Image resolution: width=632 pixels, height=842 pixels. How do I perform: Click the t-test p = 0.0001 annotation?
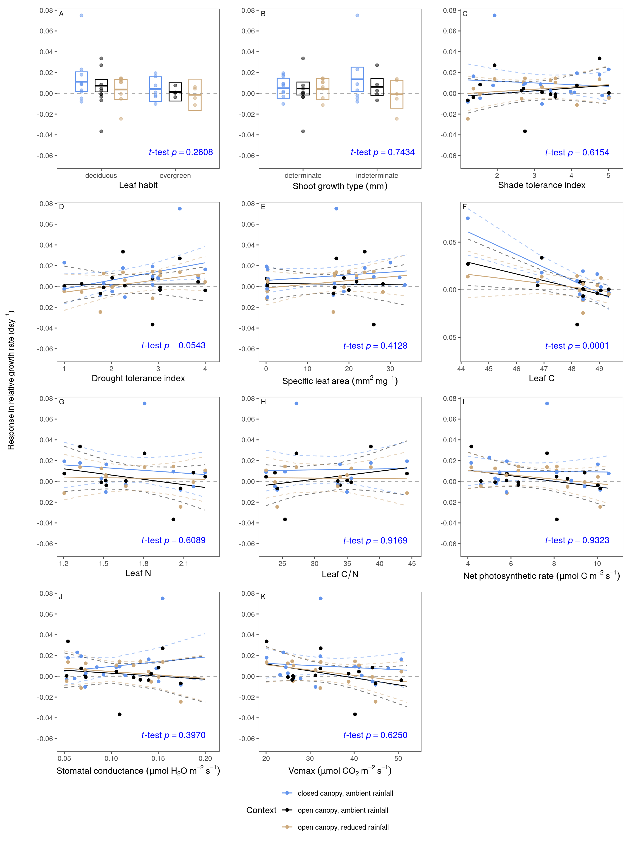click(577, 346)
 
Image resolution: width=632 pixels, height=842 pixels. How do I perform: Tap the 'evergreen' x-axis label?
click(175, 175)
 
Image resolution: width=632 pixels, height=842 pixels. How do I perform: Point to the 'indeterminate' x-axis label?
click(377, 175)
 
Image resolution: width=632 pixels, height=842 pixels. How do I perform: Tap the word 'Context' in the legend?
click(261, 810)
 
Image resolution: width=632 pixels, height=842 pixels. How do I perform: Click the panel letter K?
click(263, 597)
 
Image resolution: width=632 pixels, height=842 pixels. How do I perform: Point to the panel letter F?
click(464, 207)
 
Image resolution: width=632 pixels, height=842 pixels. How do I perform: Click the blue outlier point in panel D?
click(180, 209)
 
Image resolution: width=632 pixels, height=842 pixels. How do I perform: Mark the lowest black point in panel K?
click(355, 715)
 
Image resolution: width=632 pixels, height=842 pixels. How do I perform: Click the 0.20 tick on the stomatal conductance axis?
click(205, 758)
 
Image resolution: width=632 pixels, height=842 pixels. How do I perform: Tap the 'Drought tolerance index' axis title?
click(138, 378)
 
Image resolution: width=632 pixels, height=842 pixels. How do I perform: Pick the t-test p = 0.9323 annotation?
click(577, 541)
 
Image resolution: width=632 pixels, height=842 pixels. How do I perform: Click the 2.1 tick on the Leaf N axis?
click(184, 563)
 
